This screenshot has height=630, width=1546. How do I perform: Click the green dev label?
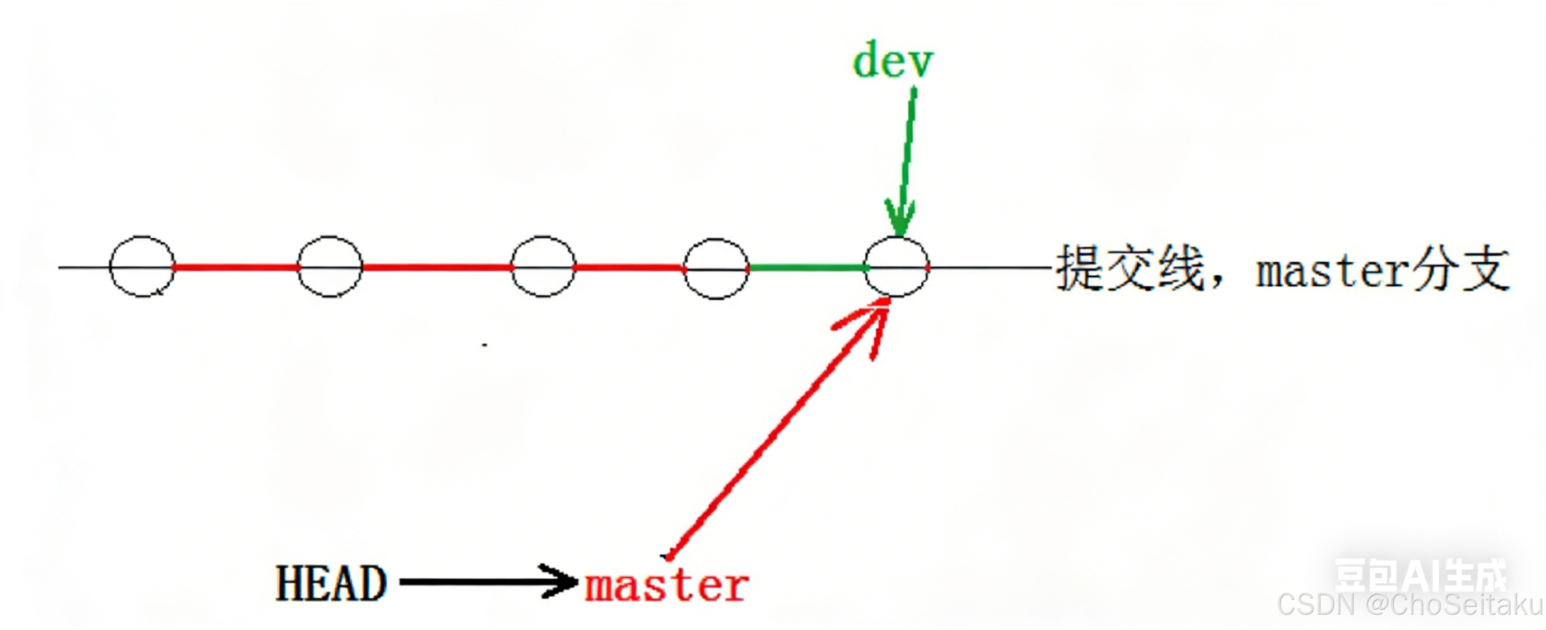tap(893, 61)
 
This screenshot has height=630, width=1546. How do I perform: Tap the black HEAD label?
tap(331, 583)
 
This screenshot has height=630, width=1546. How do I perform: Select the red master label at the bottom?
tap(667, 586)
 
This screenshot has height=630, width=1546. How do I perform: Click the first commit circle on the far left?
tap(142, 267)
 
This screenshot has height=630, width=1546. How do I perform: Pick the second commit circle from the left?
tap(330, 267)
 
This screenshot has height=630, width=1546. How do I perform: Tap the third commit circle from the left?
tap(543, 267)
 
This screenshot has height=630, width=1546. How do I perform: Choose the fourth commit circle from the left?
tap(716, 268)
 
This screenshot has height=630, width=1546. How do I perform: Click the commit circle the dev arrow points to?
tap(897, 267)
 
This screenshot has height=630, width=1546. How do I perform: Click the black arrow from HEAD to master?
tap(486, 581)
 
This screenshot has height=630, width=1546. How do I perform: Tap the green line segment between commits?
tap(807, 268)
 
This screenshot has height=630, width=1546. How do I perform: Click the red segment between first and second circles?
tap(236, 267)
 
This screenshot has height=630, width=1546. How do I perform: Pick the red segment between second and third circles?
tap(436, 267)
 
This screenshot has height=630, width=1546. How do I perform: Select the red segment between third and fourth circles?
tap(629, 268)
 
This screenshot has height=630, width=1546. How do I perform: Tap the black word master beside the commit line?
tap(1332, 271)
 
